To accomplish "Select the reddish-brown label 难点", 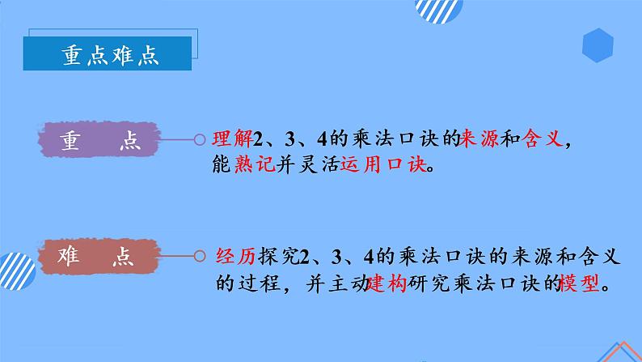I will coord(101,257).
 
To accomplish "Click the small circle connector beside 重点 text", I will coord(200,140).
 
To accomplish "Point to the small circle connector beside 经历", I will coord(200,256).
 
